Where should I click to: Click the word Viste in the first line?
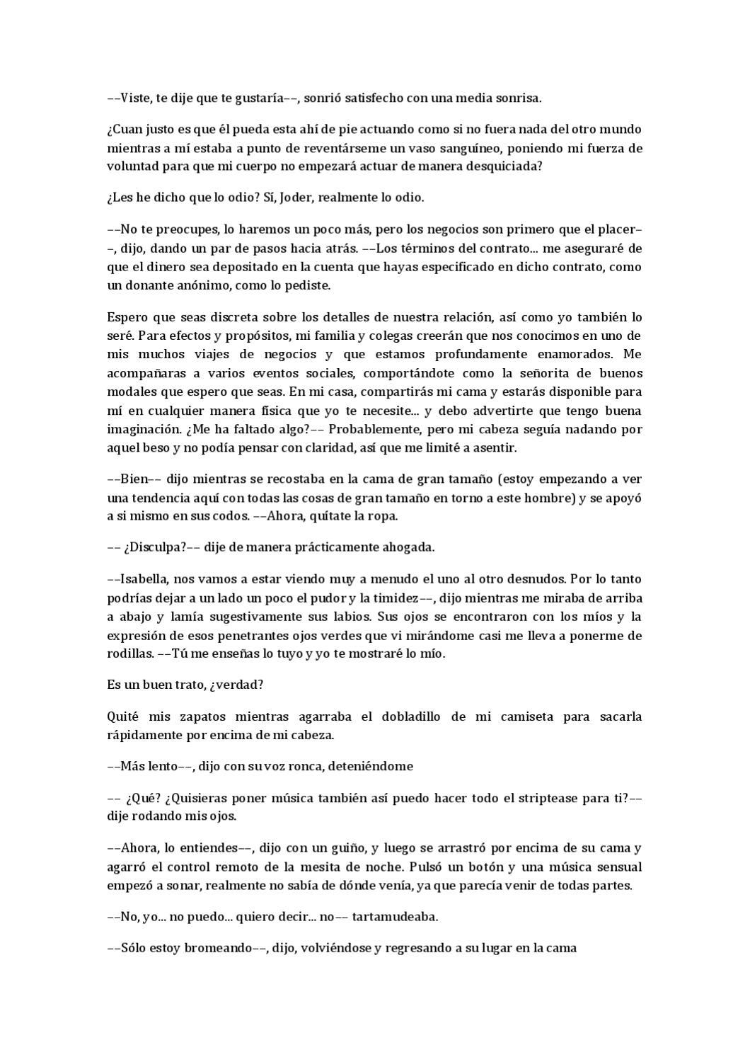coord(132,98)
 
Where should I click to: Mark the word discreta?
coord(227,317)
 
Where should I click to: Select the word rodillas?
coord(129,653)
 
